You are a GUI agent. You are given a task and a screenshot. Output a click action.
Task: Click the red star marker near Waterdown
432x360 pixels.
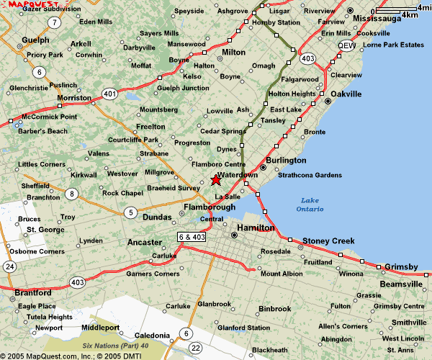tap(216, 180)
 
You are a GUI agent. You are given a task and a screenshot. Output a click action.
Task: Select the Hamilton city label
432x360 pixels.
tap(256, 228)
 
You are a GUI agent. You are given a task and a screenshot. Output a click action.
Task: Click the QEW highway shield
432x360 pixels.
tap(348, 45)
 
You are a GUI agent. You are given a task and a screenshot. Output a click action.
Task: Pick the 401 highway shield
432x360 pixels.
tap(109, 93)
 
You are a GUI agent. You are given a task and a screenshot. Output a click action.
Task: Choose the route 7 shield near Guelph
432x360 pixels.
tap(55, 22)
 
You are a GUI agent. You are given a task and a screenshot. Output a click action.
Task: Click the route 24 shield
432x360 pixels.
tap(9, 266)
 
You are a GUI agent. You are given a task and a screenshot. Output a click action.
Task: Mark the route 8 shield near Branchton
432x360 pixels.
tap(71, 194)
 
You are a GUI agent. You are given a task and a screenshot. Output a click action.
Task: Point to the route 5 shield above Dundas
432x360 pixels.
tap(130, 212)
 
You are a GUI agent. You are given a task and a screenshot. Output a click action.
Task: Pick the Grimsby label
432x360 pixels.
tap(400, 267)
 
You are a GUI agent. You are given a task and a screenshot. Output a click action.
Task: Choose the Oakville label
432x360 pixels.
tap(346, 94)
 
